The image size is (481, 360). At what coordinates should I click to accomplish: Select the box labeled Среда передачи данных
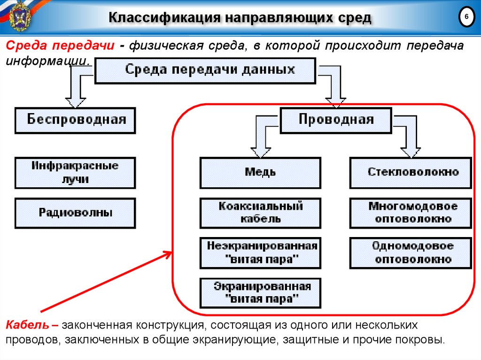(x=205, y=70)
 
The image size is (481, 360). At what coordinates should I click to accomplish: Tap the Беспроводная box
(x=75, y=120)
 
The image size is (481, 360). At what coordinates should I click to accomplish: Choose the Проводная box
(x=335, y=120)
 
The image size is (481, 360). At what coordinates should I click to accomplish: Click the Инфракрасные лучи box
(x=75, y=173)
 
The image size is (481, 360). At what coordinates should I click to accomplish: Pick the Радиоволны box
(x=75, y=213)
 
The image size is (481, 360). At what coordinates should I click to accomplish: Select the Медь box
(x=260, y=173)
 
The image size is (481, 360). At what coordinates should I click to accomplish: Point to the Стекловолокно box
(x=411, y=173)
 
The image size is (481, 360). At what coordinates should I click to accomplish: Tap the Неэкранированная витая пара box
(x=260, y=253)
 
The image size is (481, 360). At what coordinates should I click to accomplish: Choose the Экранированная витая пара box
(x=260, y=293)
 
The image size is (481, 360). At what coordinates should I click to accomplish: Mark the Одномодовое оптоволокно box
(x=411, y=253)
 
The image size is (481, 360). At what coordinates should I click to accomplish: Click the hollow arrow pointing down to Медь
(x=261, y=146)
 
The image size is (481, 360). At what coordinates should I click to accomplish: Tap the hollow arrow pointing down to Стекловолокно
(x=410, y=146)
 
